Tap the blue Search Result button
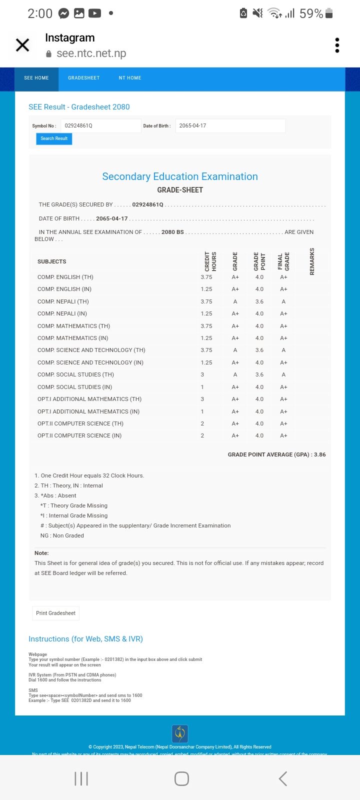click(x=54, y=138)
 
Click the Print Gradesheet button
click(x=55, y=613)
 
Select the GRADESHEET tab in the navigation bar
click(x=83, y=78)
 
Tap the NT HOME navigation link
click(x=130, y=78)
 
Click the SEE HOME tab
click(x=36, y=78)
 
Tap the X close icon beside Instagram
click(x=22, y=45)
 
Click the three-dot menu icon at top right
click(x=337, y=45)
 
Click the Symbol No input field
click(x=100, y=125)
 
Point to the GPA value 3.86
click(x=319, y=454)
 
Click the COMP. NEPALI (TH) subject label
click(x=63, y=301)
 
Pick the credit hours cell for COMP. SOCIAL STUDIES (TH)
click(x=202, y=374)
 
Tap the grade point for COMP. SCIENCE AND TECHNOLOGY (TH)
click(x=259, y=350)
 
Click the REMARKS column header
click(x=312, y=261)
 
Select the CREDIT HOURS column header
click(x=210, y=261)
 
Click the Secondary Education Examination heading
click(x=180, y=176)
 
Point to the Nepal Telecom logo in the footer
click(x=180, y=733)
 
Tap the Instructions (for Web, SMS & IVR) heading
click(x=85, y=639)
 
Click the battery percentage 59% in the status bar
click(x=311, y=13)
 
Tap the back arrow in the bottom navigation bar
click(x=283, y=778)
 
